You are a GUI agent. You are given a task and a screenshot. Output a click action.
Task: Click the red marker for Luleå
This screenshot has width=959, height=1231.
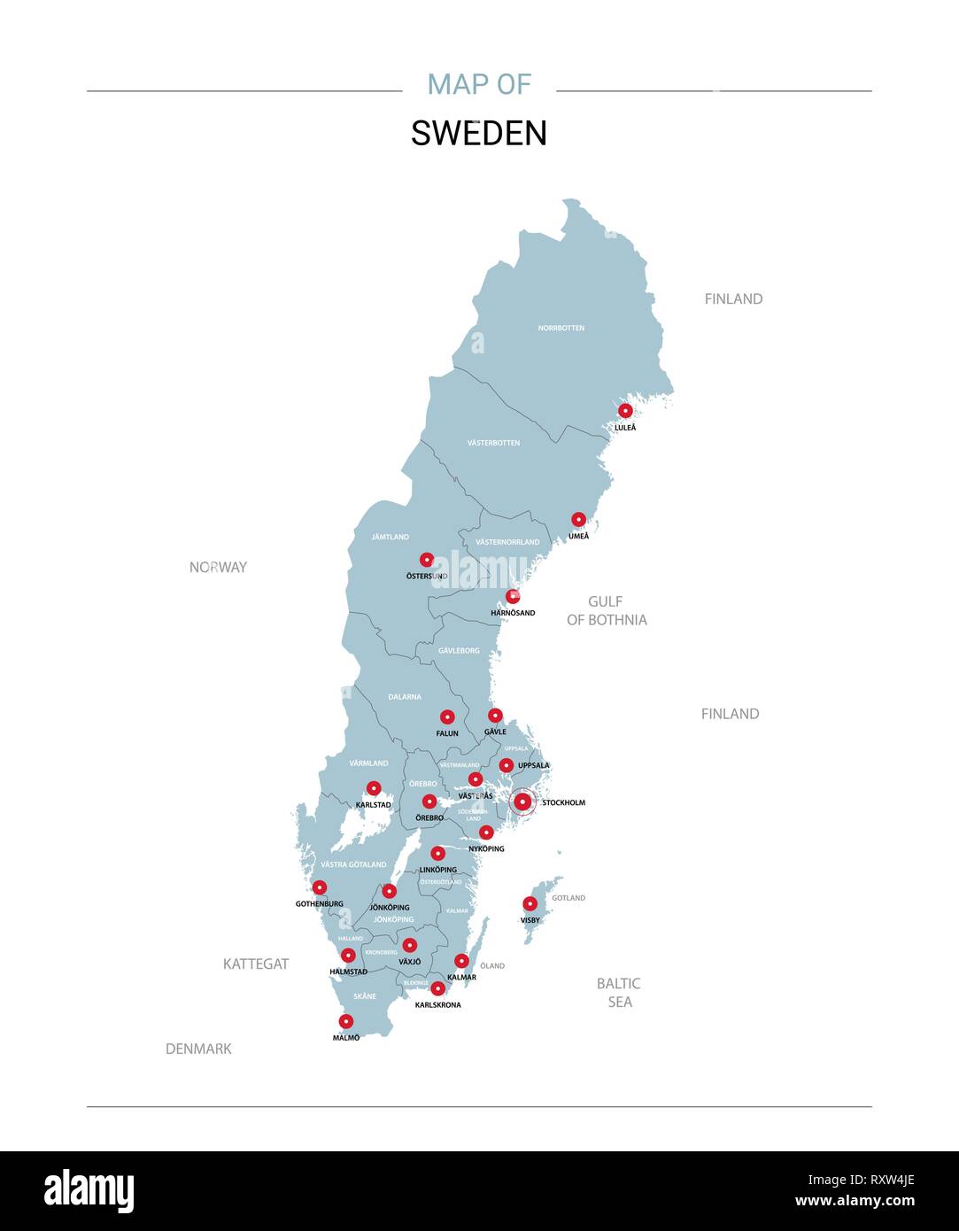point(625,410)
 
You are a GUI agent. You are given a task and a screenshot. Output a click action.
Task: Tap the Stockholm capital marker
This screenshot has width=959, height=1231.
point(522,802)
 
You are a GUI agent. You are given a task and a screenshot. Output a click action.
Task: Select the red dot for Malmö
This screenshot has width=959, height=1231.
point(346,1021)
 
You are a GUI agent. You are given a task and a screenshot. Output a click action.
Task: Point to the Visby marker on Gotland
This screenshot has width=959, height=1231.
point(530,904)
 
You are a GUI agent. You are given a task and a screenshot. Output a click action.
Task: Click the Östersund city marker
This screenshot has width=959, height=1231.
point(427,560)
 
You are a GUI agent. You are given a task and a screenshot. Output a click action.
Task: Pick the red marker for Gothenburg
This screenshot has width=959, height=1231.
point(320,887)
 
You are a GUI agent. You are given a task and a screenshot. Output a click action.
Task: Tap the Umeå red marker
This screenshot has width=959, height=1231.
point(578,520)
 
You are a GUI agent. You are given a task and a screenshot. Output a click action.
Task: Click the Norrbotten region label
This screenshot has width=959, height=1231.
point(561,328)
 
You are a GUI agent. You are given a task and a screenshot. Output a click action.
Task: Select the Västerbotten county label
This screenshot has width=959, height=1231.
point(493,443)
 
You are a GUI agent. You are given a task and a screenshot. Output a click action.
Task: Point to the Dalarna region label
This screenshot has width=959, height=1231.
point(405,697)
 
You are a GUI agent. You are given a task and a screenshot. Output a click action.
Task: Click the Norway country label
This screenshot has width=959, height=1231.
point(218,567)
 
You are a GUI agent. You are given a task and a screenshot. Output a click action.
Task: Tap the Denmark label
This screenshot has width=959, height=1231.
point(198,1049)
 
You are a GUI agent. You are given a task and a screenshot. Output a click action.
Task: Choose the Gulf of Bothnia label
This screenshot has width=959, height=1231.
point(607,611)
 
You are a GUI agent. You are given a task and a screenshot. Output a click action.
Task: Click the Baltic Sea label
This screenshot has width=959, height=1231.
point(619,993)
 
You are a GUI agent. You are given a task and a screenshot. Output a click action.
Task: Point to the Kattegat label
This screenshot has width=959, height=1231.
point(256,964)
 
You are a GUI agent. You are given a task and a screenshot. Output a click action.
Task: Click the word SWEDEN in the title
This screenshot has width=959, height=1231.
point(479,134)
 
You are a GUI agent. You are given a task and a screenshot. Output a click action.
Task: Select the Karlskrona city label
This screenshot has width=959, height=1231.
point(437,1005)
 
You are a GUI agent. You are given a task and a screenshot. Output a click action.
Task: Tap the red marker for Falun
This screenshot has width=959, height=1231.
point(447,717)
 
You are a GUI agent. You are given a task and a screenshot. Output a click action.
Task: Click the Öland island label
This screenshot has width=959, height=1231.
point(492,965)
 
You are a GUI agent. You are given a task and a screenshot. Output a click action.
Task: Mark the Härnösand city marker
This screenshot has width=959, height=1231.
point(513,596)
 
